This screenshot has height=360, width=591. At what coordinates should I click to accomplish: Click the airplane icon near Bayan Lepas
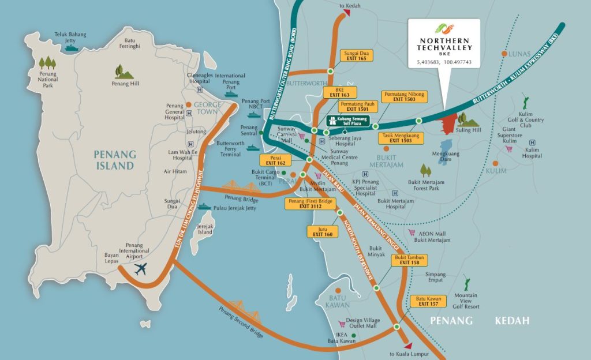[140, 268]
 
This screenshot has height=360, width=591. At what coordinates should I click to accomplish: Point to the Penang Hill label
[125, 84]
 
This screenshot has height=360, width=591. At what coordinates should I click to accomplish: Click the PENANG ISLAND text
[115, 160]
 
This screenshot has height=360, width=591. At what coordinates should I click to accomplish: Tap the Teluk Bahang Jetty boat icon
[72, 48]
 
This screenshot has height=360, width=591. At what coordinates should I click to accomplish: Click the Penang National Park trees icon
[47, 62]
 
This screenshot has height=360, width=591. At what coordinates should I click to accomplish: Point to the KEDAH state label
[512, 321]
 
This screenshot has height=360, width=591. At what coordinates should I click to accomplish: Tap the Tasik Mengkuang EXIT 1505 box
[401, 138]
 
